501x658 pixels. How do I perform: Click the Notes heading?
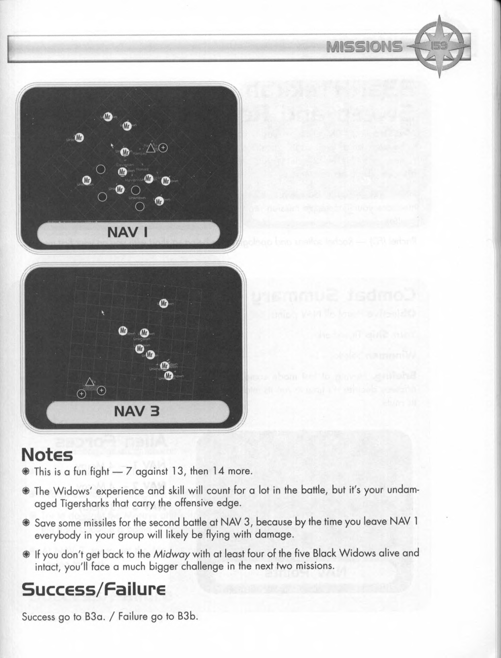click(47, 455)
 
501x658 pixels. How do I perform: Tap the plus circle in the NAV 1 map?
click(163, 147)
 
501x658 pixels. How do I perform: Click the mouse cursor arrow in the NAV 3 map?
click(103, 312)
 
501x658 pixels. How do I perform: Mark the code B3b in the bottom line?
click(187, 616)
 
